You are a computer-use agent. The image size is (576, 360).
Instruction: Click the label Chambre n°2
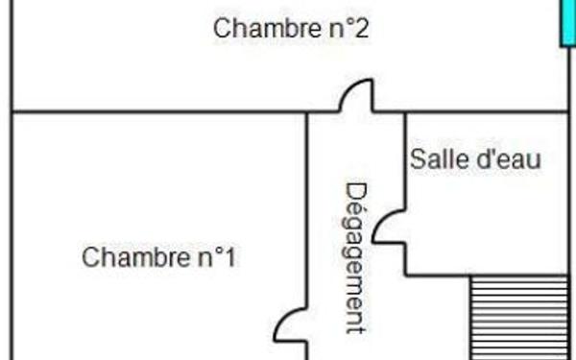291,28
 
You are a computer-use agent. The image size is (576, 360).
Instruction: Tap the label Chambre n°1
158,257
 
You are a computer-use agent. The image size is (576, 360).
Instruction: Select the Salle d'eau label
475,158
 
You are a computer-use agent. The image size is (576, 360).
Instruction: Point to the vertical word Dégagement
356,257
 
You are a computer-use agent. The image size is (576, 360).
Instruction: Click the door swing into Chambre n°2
357,96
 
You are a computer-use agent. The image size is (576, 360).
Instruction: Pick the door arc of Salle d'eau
389,226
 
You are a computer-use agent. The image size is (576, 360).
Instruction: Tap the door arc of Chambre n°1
291,325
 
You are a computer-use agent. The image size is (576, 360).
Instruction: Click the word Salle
438,158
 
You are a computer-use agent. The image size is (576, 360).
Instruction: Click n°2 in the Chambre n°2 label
348,28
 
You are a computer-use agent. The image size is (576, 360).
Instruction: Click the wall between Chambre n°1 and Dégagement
307,211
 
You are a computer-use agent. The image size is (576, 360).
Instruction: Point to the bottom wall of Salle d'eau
437,276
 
